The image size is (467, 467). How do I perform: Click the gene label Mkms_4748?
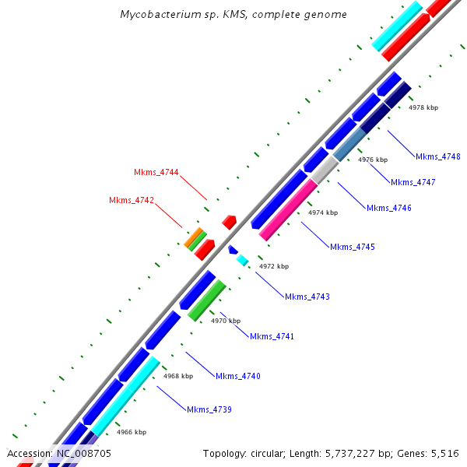coord(437,156)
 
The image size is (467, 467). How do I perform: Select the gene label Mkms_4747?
coord(413,182)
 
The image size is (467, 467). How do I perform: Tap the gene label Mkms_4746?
coord(389,208)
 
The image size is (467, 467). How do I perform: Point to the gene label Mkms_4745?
coord(353,247)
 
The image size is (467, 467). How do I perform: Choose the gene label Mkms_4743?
coord(307,297)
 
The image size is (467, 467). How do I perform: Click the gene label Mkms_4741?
coord(272,336)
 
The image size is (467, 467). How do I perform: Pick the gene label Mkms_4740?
coord(237,376)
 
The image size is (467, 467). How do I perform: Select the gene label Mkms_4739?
coord(209,409)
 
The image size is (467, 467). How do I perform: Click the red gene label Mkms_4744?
coord(156,172)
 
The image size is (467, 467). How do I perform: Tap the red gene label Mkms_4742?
coord(132,200)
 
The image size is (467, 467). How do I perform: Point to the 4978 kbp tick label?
coord(423,107)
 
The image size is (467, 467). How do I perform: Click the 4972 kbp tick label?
coord(274,266)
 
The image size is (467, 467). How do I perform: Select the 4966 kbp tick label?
coord(132,432)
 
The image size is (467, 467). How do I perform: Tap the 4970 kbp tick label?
coord(226,321)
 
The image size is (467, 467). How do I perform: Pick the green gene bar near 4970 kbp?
coord(207,300)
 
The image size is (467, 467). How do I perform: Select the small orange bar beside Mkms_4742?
coord(192,237)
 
